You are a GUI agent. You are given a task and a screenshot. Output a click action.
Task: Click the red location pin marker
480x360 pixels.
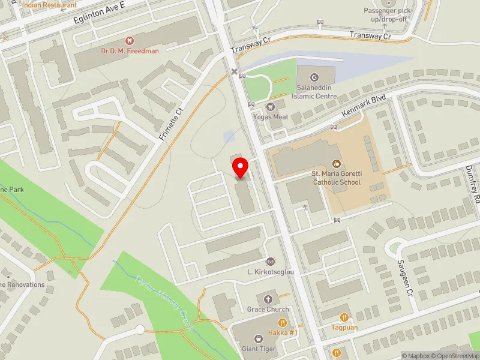coord(241,167)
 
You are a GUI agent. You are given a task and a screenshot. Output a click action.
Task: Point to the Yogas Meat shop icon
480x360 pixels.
coord(270,106)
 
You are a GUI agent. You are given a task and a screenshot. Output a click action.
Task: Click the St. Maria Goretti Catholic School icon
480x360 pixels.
coord(336,163)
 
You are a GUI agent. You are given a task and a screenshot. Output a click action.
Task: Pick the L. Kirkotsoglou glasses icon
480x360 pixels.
coord(270,261)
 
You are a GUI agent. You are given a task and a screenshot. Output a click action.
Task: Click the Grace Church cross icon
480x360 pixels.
coord(268,299)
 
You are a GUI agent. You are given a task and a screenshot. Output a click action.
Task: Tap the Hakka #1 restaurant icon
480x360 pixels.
coord(282,323)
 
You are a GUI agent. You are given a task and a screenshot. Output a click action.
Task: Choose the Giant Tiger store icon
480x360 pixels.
coord(259,338)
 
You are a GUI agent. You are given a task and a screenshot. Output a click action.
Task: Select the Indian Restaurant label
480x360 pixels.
coord(49,5)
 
